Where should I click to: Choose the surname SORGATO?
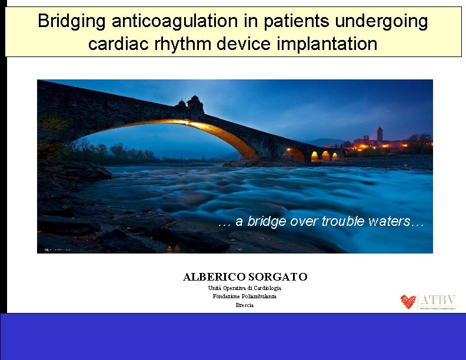point(278,276)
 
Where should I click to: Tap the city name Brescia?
point(245,305)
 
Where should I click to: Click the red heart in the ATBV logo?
point(408,302)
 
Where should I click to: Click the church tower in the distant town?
point(380,134)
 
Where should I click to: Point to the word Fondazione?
point(224,296)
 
